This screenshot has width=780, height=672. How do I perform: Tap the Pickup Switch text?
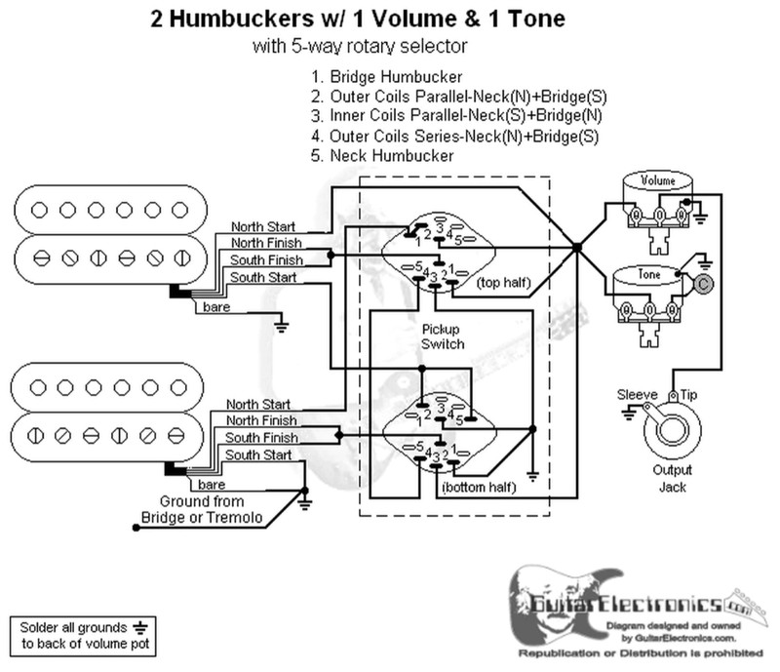pos(442,337)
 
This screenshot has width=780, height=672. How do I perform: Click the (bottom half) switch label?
pos(478,485)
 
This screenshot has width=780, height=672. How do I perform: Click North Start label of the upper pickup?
pos(258,223)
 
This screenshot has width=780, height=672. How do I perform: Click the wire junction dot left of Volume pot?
pos(577,247)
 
